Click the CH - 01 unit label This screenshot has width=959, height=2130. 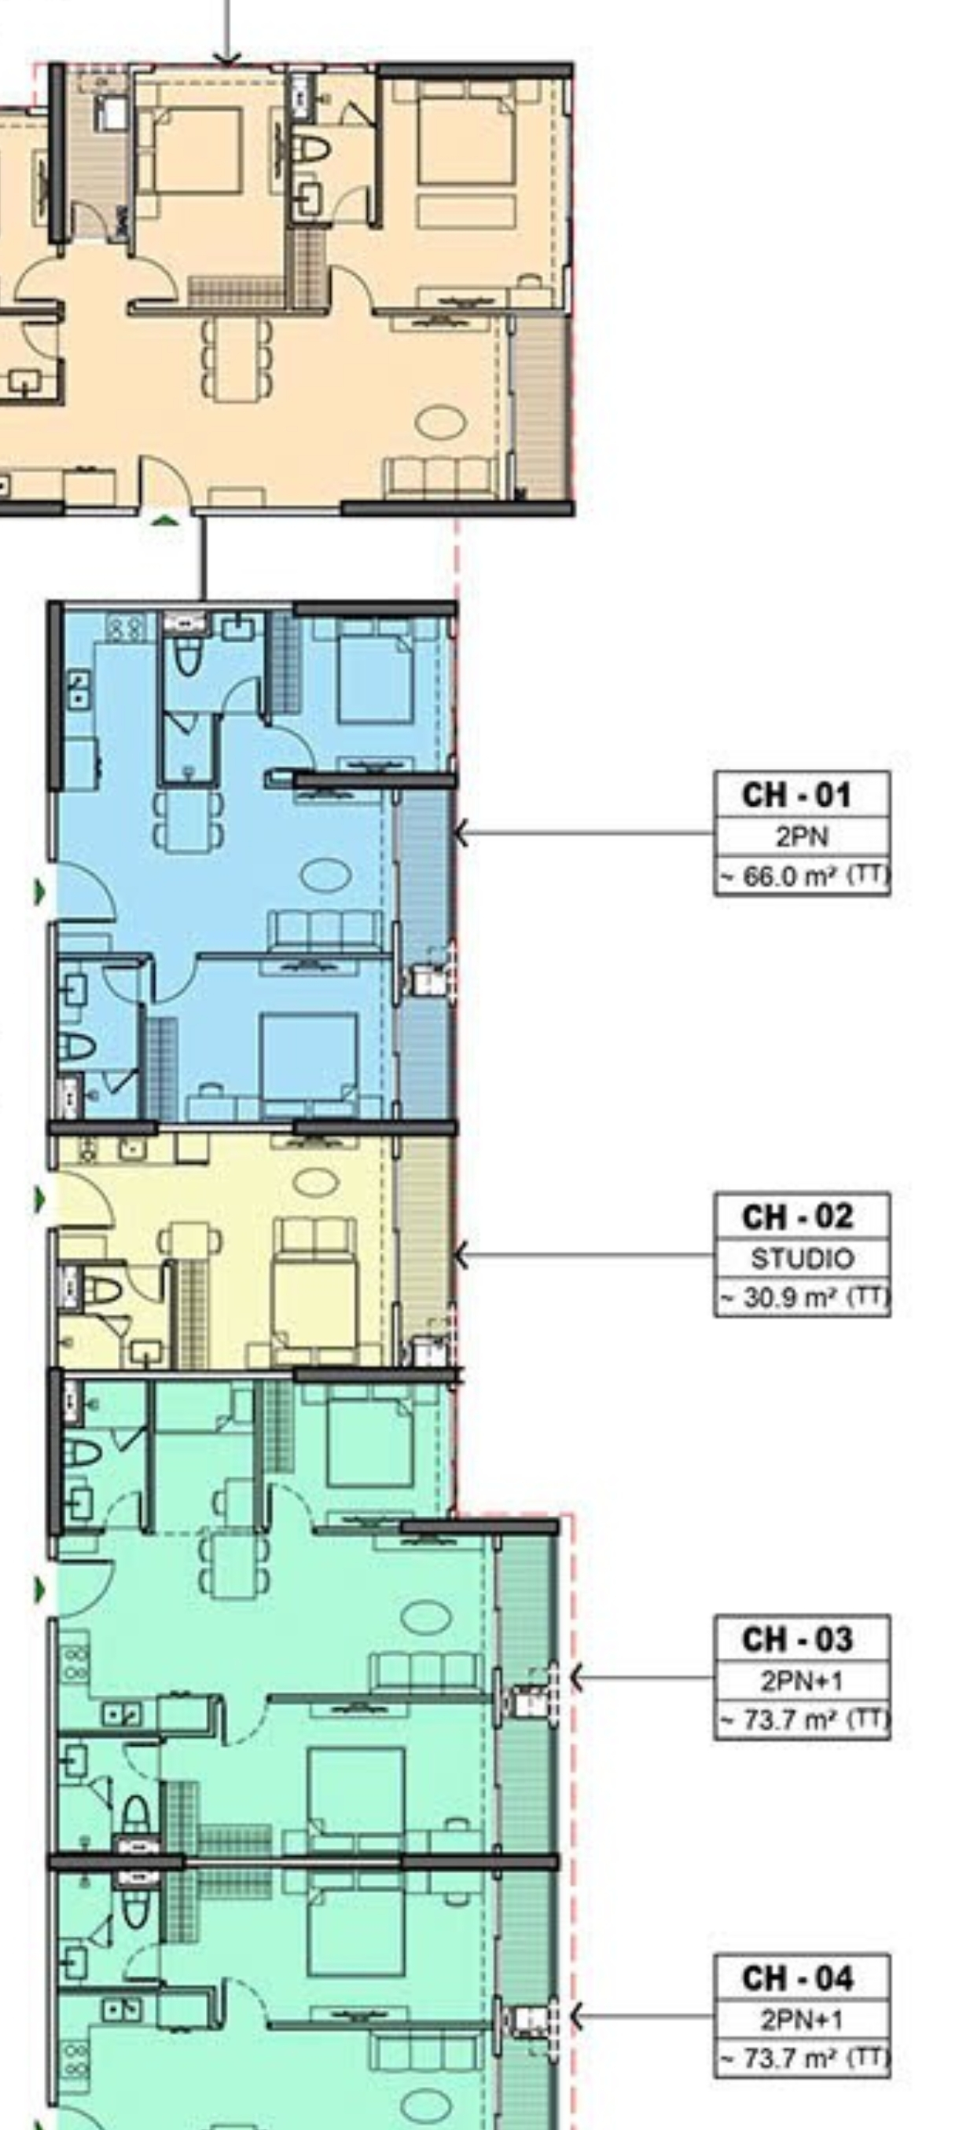click(x=796, y=795)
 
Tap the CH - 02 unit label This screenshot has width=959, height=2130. click(x=796, y=1217)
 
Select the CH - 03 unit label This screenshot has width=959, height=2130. click(x=796, y=1639)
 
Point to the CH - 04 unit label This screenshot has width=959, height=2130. click(x=796, y=1978)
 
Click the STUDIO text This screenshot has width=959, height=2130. click(x=802, y=1258)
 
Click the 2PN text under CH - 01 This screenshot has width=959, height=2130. click(x=801, y=836)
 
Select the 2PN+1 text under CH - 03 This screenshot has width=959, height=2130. click(x=801, y=1681)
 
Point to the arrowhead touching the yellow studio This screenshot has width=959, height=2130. click(x=461, y=1255)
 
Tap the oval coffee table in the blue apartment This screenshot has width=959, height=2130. click(x=325, y=875)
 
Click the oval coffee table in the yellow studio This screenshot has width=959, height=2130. click(x=316, y=1180)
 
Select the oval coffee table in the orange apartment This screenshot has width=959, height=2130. click(x=440, y=422)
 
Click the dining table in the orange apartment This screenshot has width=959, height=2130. click(x=237, y=359)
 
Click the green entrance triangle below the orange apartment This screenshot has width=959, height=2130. click(x=166, y=520)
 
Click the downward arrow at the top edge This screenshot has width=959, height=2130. click(x=226, y=33)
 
